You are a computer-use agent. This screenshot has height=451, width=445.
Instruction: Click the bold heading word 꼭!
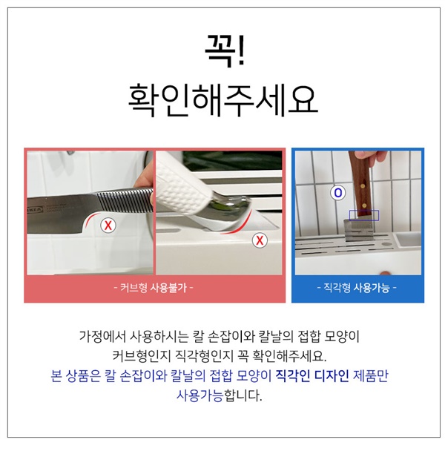pos(225,51)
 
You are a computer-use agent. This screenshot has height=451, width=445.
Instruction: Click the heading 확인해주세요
pos(223,99)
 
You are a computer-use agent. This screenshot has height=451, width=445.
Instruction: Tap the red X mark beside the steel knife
pos(108,225)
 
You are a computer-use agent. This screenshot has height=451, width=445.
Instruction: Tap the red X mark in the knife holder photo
pos(260,240)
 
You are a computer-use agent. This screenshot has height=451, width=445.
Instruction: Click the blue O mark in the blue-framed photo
pos(338,193)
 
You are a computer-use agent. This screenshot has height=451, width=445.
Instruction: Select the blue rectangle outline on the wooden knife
pos(364,215)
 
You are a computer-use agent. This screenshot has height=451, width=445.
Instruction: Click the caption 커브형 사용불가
pos(154,287)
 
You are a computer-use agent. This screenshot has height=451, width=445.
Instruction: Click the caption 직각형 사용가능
pos(357,287)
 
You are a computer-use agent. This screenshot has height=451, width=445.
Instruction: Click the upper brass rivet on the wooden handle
pos(363,186)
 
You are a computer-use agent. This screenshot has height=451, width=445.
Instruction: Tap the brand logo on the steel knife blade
pos(36,210)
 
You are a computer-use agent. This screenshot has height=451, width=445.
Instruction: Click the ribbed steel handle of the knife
pos(125,200)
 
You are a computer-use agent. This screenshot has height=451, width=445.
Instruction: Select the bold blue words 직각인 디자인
pos(312,375)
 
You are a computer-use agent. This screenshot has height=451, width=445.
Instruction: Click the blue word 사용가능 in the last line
pos(200,395)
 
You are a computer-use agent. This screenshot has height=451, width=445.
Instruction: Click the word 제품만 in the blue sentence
pos(371,375)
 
